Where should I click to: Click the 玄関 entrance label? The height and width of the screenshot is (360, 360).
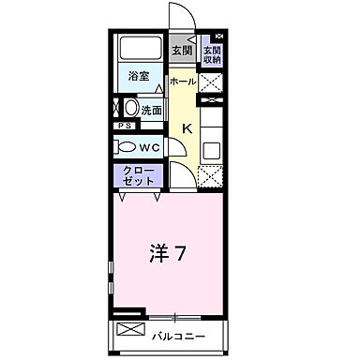coord(182,51)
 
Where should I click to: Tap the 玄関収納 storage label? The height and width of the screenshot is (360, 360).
coord(212,55)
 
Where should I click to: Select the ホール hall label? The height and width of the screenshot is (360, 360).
coord(183,82)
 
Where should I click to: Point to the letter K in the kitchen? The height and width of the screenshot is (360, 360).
coord(186,128)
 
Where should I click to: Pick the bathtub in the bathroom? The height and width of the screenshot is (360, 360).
coord(141,49)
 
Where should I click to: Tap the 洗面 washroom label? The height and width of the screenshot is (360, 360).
coord(151,110)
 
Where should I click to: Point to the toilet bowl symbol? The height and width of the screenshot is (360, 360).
coord(126,147)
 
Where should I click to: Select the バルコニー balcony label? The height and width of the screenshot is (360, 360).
coord(179,335)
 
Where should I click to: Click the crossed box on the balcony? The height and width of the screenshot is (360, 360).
coord(129,331)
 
